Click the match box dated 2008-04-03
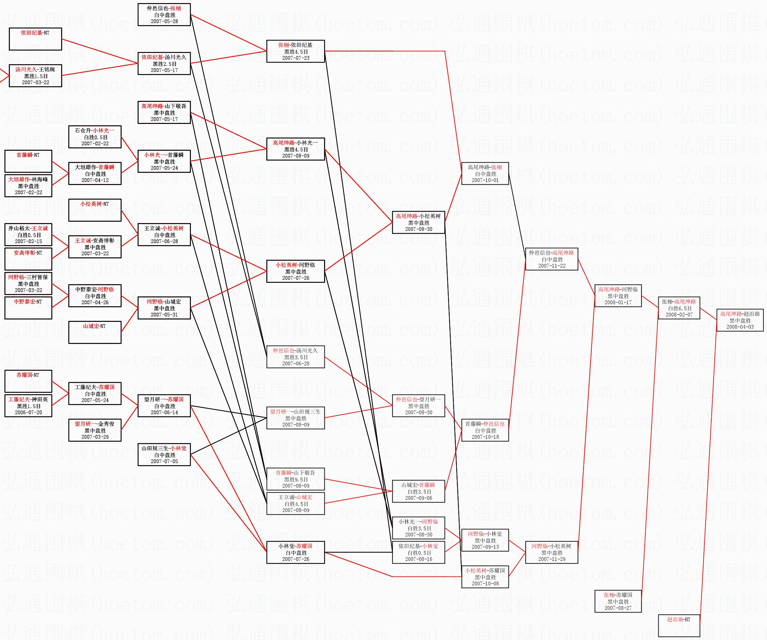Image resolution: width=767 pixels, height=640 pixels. pyautogui.click(x=739, y=320)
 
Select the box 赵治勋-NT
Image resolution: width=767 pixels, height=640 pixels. pyautogui.click(x=679, y=625)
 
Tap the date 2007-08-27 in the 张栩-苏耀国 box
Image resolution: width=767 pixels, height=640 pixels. pyautogui.click(x=618, y=608)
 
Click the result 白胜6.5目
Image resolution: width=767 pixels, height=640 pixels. pyautogui.click(x=679, y=308)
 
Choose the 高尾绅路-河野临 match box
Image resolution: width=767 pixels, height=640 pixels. pyautogui.click(x=618, y=296)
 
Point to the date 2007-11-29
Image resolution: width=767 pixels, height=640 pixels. pyautogui.click(x=552, y=559)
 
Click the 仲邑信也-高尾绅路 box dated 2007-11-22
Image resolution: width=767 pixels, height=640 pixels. pyautogui.click(x=552, y=259)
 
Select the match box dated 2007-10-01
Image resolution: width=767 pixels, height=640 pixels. pyautogui.click(x=485, y=173)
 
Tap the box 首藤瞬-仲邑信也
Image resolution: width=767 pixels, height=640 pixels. pyautogui.click(x=485, y=430)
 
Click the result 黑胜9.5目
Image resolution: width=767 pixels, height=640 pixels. pyautogui.click(x=296, y=479)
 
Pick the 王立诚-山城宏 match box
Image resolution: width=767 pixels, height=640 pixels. pyautogui.click(x=296, y=504)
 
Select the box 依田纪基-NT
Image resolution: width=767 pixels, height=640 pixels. pyautogui.click(x=35, y=39)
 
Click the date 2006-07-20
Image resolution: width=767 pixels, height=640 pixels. pyautogui.click(x=29, y=412)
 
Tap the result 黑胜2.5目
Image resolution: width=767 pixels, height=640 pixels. pyautogui.click(x=164, y=64)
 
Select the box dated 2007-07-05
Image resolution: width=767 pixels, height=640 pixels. pyautogui.click(x=164, y=455)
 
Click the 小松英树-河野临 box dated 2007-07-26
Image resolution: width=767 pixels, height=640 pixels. pyautogui.click(x=296, y=271)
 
